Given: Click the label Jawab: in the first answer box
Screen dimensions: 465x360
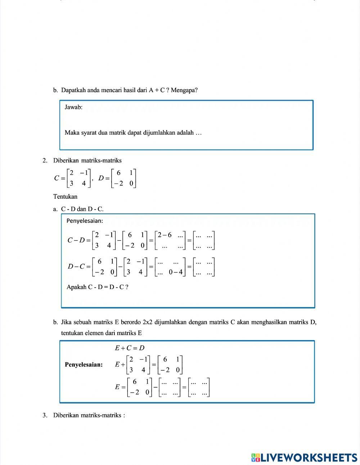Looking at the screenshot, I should click(x=73, y=107).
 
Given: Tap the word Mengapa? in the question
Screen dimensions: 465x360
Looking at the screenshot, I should click(x=184, y=90).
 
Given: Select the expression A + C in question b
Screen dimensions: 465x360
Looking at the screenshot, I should click(x=157, y=90).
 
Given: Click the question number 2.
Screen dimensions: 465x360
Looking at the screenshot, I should click(x=45, y=161).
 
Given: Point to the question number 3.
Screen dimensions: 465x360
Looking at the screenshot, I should click(x=45, y=415).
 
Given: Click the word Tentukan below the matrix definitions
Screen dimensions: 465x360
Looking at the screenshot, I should click(x=65, y=197).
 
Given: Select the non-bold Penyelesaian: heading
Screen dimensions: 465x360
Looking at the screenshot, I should click(x=85, y=221).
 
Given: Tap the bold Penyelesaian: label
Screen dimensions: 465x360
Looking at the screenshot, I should click(x=84, y=365).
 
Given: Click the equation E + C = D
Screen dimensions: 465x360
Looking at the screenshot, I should click(x=130, y=348).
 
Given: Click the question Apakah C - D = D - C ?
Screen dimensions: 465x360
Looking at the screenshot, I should click(x=98, y=287).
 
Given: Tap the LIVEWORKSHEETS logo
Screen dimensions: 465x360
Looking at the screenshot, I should click(x=304, y=457).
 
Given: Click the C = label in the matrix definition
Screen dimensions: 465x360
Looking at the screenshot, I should click(x=59, y=178).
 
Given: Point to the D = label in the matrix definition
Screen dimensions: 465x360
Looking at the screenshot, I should click(x=104, y=178).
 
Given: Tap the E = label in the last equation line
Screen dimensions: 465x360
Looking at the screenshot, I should click(x=120, y=387).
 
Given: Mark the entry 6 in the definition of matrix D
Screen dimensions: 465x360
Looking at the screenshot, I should click(x=118, y=173).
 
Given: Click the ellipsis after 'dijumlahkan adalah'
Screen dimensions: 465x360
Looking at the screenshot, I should click(x=199, y=133).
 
